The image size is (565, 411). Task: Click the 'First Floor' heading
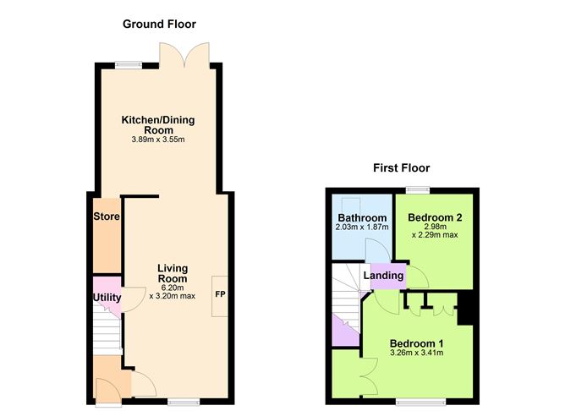click(401, 167)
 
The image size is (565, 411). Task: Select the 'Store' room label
click(107, 217)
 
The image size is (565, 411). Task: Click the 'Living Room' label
click(172, 273)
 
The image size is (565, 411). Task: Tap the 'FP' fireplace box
click(219, 295)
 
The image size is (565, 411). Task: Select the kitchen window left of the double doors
click(129, 64)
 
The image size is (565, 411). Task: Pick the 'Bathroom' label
click(362, 218)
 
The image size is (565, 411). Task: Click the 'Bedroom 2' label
click(435, 217)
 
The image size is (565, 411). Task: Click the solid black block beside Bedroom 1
click(465, 310)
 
